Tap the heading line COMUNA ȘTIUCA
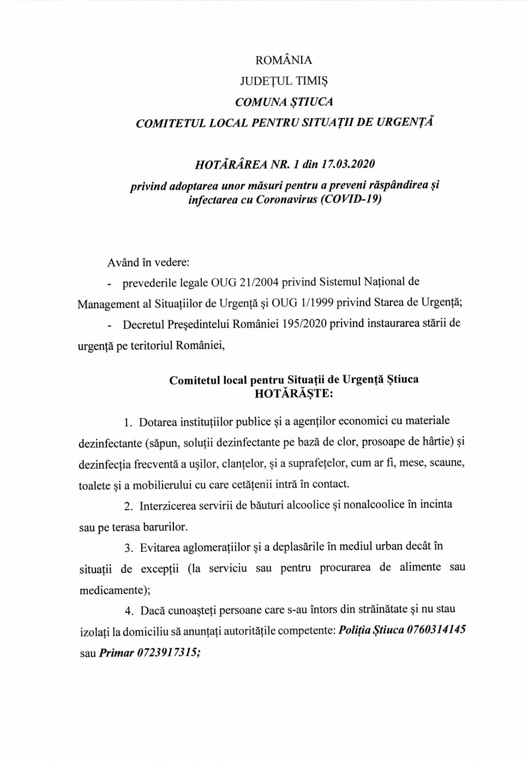pos(284,102)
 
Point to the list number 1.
pos(128,422)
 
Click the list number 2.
pos(128,506)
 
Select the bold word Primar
pos(117,653)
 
